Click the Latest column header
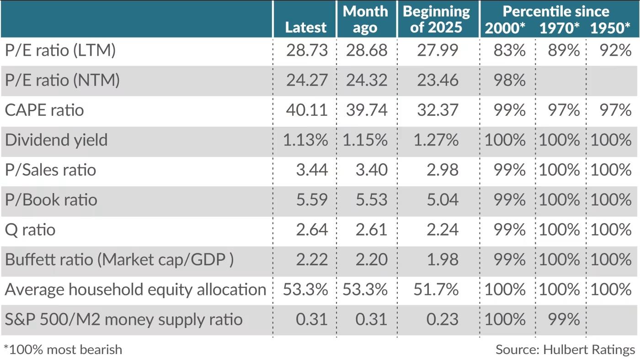pyautogui.click(x=305, y=27)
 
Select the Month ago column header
pyautogui.click(x=365, y=19)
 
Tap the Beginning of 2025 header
pyautogui.click(x=436, y=19)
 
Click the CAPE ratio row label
pyautogui.click(x=44, y=110)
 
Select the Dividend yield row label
pyautogui.click(x=56, y=140)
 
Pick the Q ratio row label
pyautogui.click(x=30, y=229)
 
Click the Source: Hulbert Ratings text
pyautogui.click(x=565, y=350)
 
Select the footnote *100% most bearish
pyautogui.click(x=63, y=350)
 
